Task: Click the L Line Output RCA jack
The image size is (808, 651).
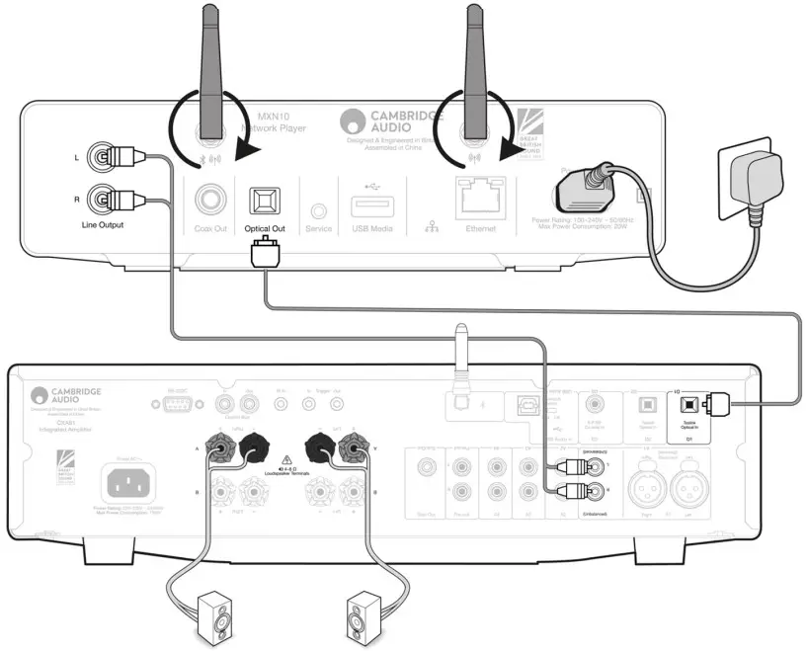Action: [x=102, y=155]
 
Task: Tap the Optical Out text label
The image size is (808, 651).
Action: [x=265, y=228]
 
